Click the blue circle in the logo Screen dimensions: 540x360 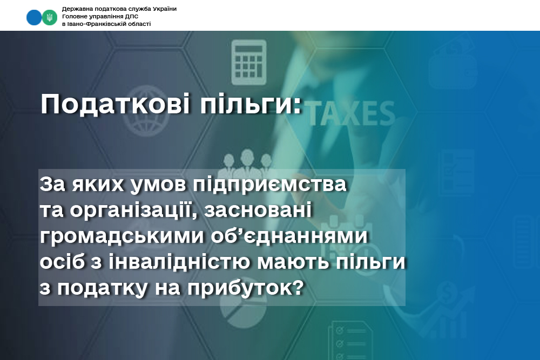[x=33, y=17]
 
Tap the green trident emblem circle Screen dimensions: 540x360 [x=50, y=17]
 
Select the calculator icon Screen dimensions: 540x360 [x=248, y=62]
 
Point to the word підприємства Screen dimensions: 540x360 [x=269, y=185]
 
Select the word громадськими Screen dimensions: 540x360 [x=122, y=236]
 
